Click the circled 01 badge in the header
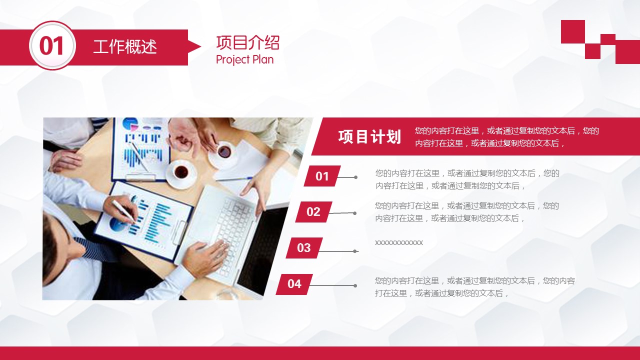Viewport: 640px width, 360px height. coord(52,45)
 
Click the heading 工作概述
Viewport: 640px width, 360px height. coord(125,47)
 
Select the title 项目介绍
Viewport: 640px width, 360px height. coord(247,43)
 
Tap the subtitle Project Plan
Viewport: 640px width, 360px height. coord(245,59)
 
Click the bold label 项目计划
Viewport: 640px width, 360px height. coord(369,136)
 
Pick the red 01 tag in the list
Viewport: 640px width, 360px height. coord(322,176)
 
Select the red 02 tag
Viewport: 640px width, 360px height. coord(313,211)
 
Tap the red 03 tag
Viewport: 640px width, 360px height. coord(304,247)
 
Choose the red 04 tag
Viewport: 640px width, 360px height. coord(294,284)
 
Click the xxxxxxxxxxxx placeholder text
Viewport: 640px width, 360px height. coord(399,243)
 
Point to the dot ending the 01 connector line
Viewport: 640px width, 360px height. coord(355,177)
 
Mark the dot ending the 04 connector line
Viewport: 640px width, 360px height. coord(355,285)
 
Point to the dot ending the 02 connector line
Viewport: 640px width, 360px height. coord(354,213)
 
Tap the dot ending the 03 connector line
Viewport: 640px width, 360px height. coord(354,251)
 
